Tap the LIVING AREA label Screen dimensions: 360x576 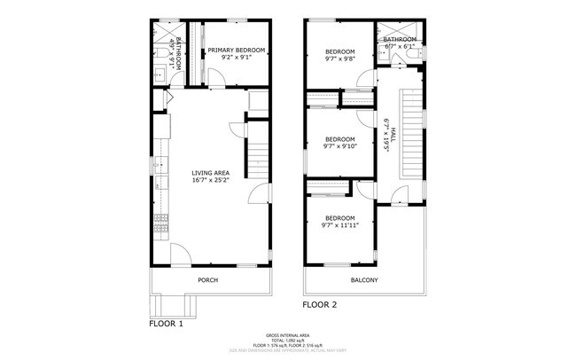click(x=210, y=173)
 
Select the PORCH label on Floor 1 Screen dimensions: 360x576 click(x=208, y=280)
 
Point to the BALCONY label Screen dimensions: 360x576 click(x=364, y=281)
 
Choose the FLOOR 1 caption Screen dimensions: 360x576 click(x=166, y=324)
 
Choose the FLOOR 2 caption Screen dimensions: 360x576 click(x=320, y=304)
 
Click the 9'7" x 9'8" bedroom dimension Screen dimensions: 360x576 click(x=339, y=59)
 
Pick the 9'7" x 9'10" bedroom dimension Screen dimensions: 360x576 click(x=339, y=147)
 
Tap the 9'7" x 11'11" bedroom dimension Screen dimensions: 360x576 click(x=339, y=225)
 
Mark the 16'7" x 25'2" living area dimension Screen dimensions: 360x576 click(x=210, y=181)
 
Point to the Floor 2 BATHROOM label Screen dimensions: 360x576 click(x=400, y=40)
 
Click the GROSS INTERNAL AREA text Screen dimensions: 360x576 click(x=288, y=336)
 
